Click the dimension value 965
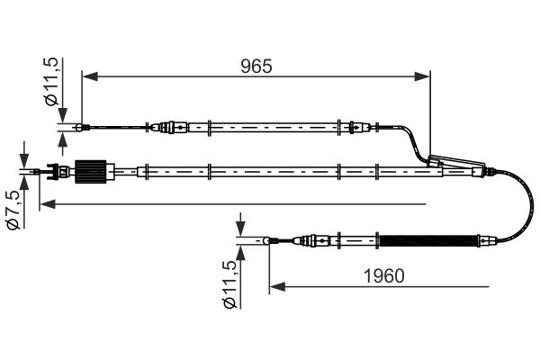click(x=256, y=66)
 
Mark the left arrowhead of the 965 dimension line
click(x=88, y=76)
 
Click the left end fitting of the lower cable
click(x=271, y=240)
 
